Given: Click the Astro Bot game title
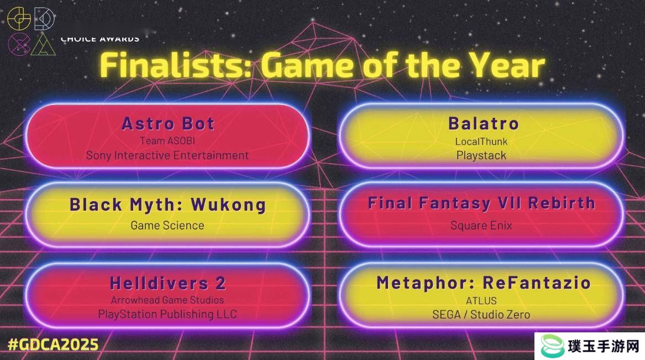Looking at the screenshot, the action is (x=168, y=123).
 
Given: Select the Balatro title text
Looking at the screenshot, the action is (x=484, y=123).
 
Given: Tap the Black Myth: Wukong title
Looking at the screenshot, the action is (x=167, y=205).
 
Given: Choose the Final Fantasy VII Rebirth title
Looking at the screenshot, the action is (x=481, y=204).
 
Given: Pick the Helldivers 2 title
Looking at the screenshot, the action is (x=167, y=283).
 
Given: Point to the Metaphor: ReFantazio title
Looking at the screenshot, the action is (x=484, y=283).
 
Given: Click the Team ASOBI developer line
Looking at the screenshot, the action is (x=167, y=140).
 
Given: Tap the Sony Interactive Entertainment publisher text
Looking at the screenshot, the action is (x=167, y=155).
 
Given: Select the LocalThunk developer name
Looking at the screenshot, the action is (x=481, y=142).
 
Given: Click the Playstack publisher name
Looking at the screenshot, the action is (x=481, y=155).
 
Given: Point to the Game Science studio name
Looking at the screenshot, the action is (x=167, y=226).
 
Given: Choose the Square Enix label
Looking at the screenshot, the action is (x=481, y=226).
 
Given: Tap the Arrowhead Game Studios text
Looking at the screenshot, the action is (x=167, y=300).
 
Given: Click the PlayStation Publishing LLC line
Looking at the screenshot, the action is (x=167, y=314).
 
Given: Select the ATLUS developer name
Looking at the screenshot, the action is (x=481, y=301).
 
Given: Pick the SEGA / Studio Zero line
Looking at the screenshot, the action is (x=481, y=315).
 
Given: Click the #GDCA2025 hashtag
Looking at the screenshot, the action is (x=53, y=345).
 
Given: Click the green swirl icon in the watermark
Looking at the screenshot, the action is (x=552, y=346).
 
